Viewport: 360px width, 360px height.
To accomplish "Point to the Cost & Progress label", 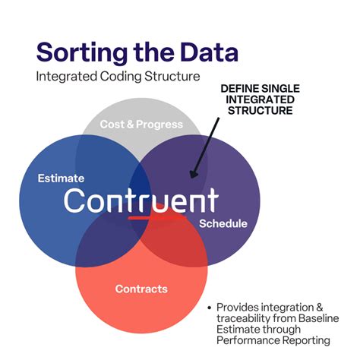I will tap(141, 124).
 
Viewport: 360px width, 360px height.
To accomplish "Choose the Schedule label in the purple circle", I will tap(223, 223).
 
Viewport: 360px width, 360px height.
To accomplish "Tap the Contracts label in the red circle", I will tap(141, 289).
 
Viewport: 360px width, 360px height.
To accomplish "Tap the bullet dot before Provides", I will tap(210, 307).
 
